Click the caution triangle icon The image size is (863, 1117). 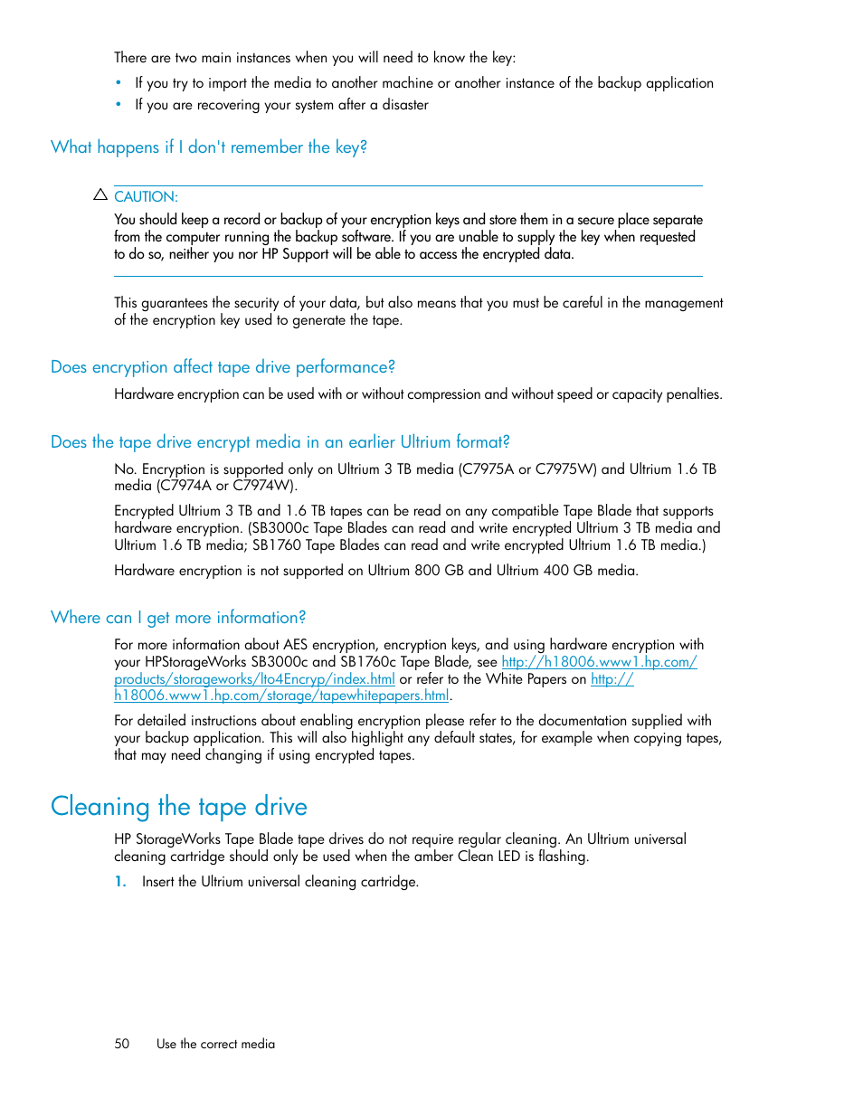click(x=100, y=194)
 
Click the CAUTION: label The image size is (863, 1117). click(x=146, y=197)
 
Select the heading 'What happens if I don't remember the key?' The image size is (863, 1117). click(x=209, y=147)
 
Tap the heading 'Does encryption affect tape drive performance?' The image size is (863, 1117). click(x=223, y=367)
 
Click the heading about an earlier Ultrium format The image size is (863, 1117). click(x=280, y=442)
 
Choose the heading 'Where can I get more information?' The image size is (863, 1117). click(x=178, y=618)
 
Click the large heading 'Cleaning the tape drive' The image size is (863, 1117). click(x=179, y=806)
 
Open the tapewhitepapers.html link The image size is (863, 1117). click(x=281, y=696)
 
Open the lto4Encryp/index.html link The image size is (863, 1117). click(x=254, y=679)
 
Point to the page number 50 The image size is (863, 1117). click(x=122, y=1044)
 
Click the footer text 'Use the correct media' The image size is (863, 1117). click(x=215, y=1044)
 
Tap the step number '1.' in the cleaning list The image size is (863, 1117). click(x=120, y=882)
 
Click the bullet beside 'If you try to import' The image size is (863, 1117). click(x=119, y=83)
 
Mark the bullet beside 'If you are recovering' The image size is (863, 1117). click(x=119, y=105)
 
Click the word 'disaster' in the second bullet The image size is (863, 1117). click(x=405, y=105)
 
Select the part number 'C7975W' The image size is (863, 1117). click(x=565, y=469)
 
